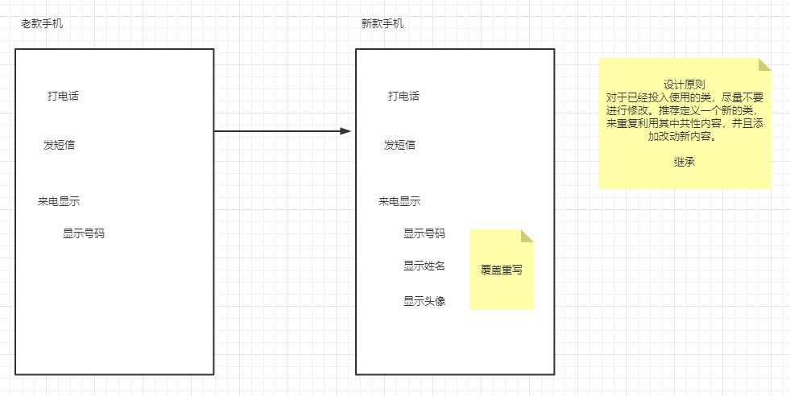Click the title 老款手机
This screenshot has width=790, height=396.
point(42,23)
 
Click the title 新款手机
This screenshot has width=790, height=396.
point(383,23)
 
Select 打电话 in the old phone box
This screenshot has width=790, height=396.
point(63,97)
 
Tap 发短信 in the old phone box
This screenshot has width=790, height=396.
point(59,145)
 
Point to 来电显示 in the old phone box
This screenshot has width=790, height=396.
point(59,201)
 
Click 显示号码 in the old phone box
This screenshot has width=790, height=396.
point(84,233)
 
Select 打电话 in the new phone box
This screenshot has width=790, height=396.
point(403,97)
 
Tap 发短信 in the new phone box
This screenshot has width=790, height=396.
point(399,145)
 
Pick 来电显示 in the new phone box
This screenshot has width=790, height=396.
point(399,201)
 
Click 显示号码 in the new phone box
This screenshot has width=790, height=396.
point(424,233)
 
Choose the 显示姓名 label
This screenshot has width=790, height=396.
point(424,266)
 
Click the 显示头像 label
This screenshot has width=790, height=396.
point(424,301)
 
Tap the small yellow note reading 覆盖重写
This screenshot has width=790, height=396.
point(501,270)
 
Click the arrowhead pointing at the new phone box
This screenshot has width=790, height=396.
point(346,130)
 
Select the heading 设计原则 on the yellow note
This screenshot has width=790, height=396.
point(685,85)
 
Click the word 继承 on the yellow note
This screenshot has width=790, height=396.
point(685,162)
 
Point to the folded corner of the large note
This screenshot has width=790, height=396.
point(765,64)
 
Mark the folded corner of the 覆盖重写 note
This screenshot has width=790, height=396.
point(527,236)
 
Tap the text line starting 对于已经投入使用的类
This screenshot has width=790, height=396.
point(685,97)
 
